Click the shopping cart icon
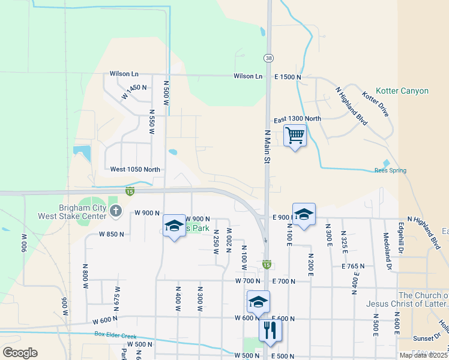tap(295, 136)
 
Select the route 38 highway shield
tap(267, 57)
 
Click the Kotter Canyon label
tap(402, 91)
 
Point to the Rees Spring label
tap(390, 170)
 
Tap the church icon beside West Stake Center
tap(116, 211)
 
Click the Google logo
tap(20, 353)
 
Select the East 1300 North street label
tap(297, 119)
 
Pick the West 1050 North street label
tap(135, 170)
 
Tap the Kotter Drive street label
tap(375, 103)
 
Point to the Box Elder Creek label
tap(116, 335)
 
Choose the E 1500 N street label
tap(288, 77)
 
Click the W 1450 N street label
tap(134, 92)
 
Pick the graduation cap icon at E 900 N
tap(304, 214)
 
